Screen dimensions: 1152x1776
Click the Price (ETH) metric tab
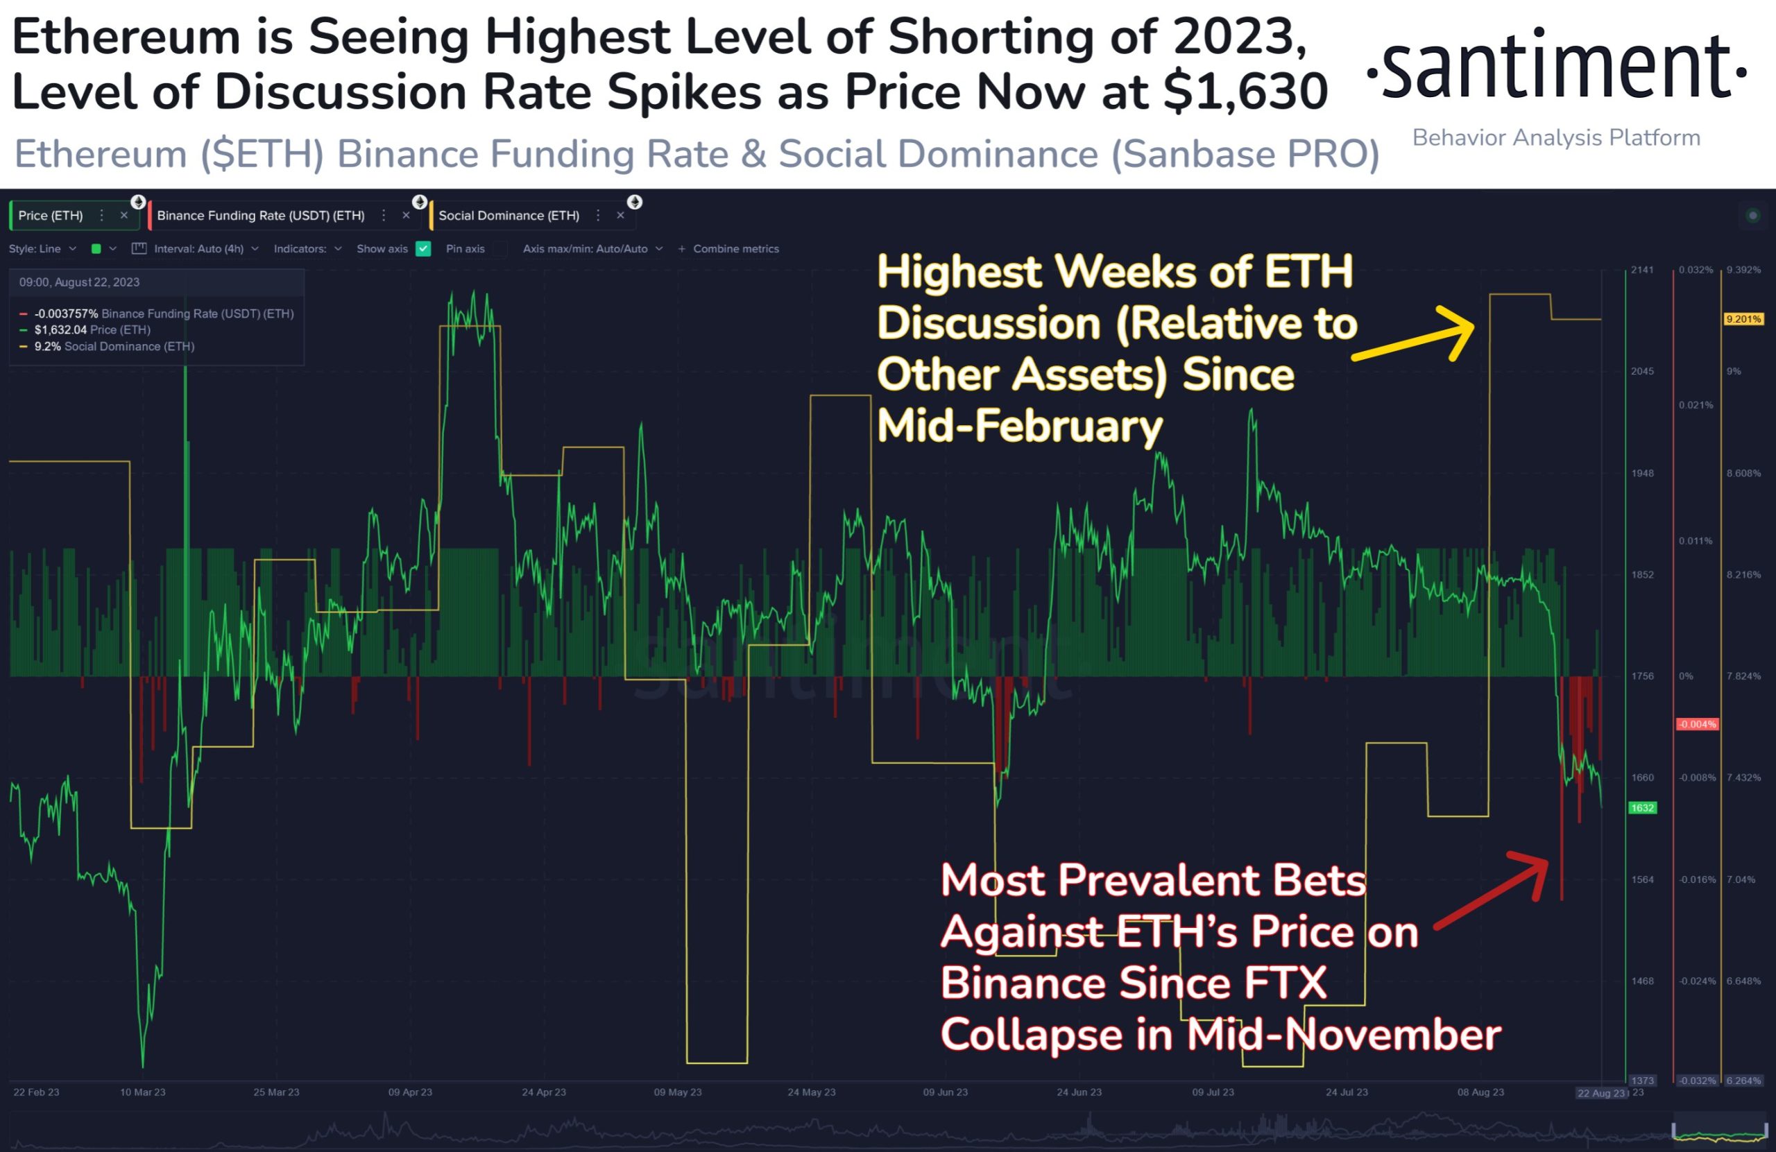click(51, 216)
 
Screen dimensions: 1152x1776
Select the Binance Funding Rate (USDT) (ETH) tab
click(260, 216)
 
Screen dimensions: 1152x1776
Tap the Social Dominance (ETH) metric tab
click(509, 216)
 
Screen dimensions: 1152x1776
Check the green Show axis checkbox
click(423, 249)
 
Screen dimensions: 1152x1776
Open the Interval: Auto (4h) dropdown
click(198, 249)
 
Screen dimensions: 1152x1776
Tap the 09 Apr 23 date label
click(410, 1092)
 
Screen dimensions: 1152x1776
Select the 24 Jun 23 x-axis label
click(1078, 1092)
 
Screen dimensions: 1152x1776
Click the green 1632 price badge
click(1641, 808)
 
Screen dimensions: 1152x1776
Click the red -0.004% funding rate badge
click(1697, 725)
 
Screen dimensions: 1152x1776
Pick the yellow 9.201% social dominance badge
click(1743, 319)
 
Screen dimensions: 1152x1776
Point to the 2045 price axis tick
click(1641, 372)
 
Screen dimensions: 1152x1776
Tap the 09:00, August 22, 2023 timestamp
click(79, 282)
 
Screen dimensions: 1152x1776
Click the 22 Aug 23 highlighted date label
click(1600, 1093)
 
